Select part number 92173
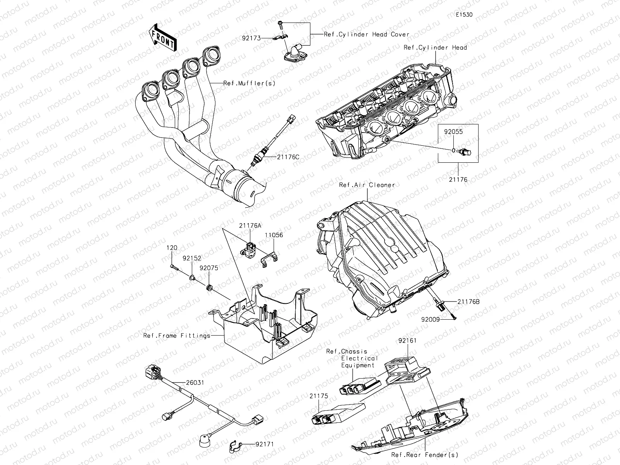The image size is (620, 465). [x=250, y=38]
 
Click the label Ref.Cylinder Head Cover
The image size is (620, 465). [x=367, y=34]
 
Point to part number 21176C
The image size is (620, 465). [x=288, y=157]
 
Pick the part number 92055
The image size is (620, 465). [x=453, y=132]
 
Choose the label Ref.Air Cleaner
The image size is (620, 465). [x=367, y=185]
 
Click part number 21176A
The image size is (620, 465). [x=250, y=225]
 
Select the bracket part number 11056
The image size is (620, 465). [x=274, y=235]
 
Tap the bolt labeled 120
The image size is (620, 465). [x=172, y=248]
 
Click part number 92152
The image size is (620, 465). [x=192, y=257]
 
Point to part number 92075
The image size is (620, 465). [x=209, y=267]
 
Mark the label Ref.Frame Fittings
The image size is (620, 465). [x=177, y=336]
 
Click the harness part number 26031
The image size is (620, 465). [x=195, y=382]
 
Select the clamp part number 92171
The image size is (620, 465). [x=264, y=444]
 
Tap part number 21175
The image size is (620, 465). [x=319, y=396]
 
